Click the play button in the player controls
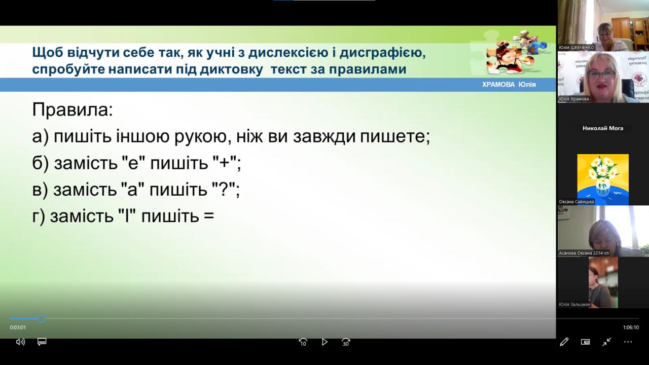324,342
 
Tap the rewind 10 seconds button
303,342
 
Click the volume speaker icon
20,342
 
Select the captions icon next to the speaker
42,342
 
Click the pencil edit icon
564,342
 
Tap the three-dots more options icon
628,342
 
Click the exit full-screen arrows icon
606,342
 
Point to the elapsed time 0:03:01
18,327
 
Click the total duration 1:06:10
631,327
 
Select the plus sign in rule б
225,163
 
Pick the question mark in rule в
224,190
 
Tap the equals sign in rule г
209,216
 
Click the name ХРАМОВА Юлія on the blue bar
509,85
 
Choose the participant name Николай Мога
603,128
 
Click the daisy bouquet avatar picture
603,179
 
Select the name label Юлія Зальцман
574,305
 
